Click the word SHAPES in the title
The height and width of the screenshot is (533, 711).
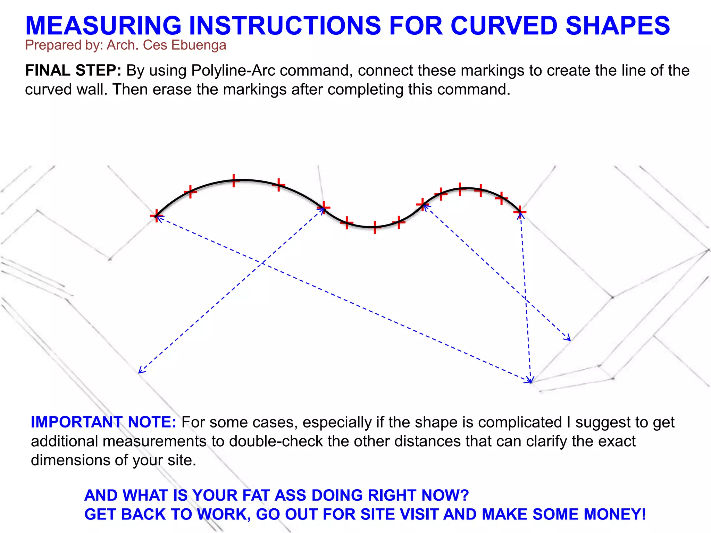tap(618, 26)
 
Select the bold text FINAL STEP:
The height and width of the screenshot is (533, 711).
tap(73, 71)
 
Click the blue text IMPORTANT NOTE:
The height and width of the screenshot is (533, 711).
tap(103, 422)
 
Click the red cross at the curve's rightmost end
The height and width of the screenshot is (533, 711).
tap(520, 211)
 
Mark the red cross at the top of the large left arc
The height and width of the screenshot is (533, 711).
tap(234, 180)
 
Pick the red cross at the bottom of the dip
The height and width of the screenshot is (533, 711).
tap(375, 227)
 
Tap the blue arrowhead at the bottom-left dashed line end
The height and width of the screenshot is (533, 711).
tap(140, 372)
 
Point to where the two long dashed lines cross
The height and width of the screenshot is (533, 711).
tap(261, 263)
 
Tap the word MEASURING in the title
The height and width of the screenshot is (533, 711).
tap(103, 26)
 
